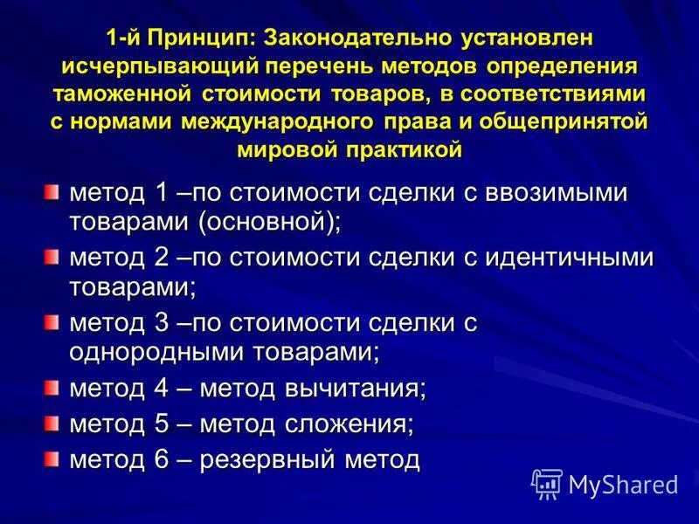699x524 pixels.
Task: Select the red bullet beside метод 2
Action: [52, 257]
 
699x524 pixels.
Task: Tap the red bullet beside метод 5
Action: [52, 424]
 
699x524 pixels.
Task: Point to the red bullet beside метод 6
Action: [52, 458]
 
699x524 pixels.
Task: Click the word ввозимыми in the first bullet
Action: [554, 192]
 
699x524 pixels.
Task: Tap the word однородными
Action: [161, 353]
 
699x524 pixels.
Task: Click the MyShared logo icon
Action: [547, 483]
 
